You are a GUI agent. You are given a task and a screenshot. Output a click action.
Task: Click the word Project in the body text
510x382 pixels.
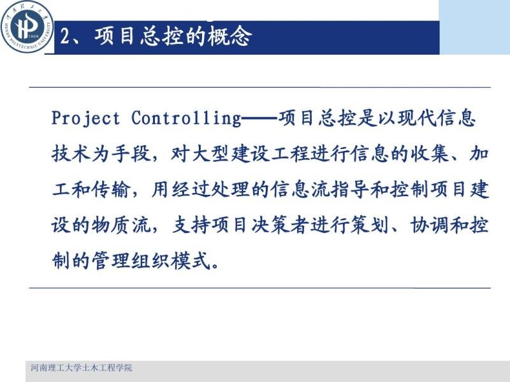click(85, 118)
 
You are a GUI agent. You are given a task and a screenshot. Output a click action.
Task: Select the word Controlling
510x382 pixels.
click(186, 118)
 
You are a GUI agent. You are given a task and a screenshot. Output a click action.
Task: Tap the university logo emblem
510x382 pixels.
click(27, 27)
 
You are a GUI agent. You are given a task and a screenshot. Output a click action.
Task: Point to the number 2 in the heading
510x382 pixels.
click(66, 36)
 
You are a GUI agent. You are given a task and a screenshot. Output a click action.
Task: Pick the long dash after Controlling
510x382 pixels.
click(260, 118)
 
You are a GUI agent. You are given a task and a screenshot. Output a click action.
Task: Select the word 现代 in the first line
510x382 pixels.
click(417, 117)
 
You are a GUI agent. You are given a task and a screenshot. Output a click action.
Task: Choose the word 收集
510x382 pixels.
click(429, 153)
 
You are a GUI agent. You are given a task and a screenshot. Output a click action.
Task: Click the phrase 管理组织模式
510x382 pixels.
click(150, 260)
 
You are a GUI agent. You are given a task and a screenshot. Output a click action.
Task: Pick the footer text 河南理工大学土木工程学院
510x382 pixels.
click(82, 368)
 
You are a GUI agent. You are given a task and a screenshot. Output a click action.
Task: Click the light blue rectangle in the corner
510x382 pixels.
click(474, 27)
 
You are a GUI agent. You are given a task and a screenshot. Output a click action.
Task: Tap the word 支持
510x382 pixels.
click(191, 225)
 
